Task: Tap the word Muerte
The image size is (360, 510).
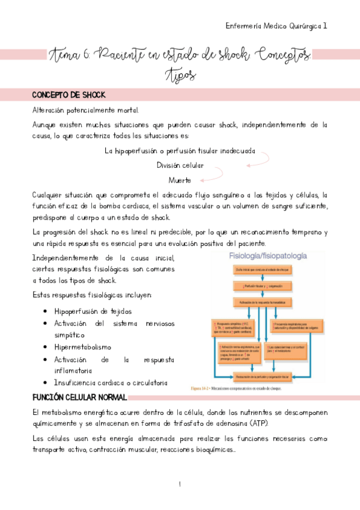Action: click(180, 180)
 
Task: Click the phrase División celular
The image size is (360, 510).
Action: click(180, 165)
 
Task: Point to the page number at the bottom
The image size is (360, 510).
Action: click(180, 484)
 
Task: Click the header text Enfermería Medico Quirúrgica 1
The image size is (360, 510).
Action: click(276, 26)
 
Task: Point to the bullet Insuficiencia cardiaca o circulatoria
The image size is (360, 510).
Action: click(111, 382)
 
